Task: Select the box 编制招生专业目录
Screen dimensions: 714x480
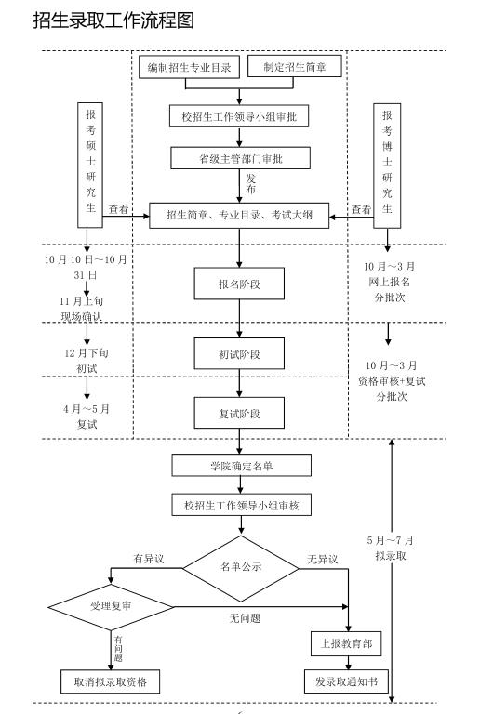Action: coord(190,67)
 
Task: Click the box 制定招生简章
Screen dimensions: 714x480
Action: coord(295,67)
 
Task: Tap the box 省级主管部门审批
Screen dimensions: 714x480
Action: coord(240,158)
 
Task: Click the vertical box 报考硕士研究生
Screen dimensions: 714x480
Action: coord(90,164)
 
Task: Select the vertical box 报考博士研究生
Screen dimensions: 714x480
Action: coord(387,164)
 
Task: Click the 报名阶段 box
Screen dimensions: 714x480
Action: coord(240,284)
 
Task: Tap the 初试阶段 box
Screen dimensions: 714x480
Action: coord(240,354)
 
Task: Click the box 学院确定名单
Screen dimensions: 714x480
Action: coord(240,465)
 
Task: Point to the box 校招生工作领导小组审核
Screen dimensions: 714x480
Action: coord(240,505)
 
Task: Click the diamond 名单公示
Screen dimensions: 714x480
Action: coord(240,567)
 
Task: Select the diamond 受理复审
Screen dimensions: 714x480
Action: coord(112,605)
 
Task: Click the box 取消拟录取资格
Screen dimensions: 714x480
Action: coord(110,682)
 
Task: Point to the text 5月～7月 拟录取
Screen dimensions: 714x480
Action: coord(391,548)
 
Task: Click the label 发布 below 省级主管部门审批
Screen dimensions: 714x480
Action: coord(250,183)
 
